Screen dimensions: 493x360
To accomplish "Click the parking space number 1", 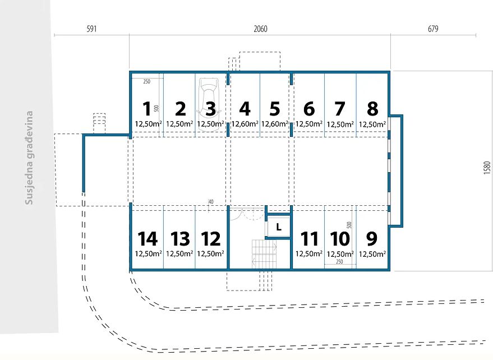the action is [x=147, y=109].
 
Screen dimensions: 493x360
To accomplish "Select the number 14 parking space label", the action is [x=148, y=239].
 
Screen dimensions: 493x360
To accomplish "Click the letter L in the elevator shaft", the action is [x=279, y=227].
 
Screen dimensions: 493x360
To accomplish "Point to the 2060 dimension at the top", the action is [x=260, y=29].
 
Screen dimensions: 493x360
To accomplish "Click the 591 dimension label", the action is [x=91, y=29].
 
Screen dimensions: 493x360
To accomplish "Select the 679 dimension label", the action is [x=433, y=29].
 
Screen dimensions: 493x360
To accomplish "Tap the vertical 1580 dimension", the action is [x=487, y=168].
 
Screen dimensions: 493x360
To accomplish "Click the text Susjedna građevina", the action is [x=29, y=158].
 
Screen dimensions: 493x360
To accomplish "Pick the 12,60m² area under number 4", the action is [x=245, y=124].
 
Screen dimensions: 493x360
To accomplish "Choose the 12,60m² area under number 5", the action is [x=274, y=124].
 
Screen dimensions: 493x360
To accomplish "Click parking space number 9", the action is [x=372, y=239].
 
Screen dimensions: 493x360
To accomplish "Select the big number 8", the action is [x=372, y=109].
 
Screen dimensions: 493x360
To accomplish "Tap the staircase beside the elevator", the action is [x=264, y=254].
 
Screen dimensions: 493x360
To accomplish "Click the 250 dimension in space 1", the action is [x=147, y=81].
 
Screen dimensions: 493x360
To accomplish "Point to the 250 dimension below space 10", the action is [x=339, y=262].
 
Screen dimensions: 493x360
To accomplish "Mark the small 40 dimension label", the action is [x=211, y=202].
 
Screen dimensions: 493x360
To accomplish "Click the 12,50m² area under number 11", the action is [x=308, y=253].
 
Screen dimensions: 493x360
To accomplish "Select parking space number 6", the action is [x=308, y=109].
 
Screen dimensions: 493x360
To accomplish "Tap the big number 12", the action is [x=211, y=239].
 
